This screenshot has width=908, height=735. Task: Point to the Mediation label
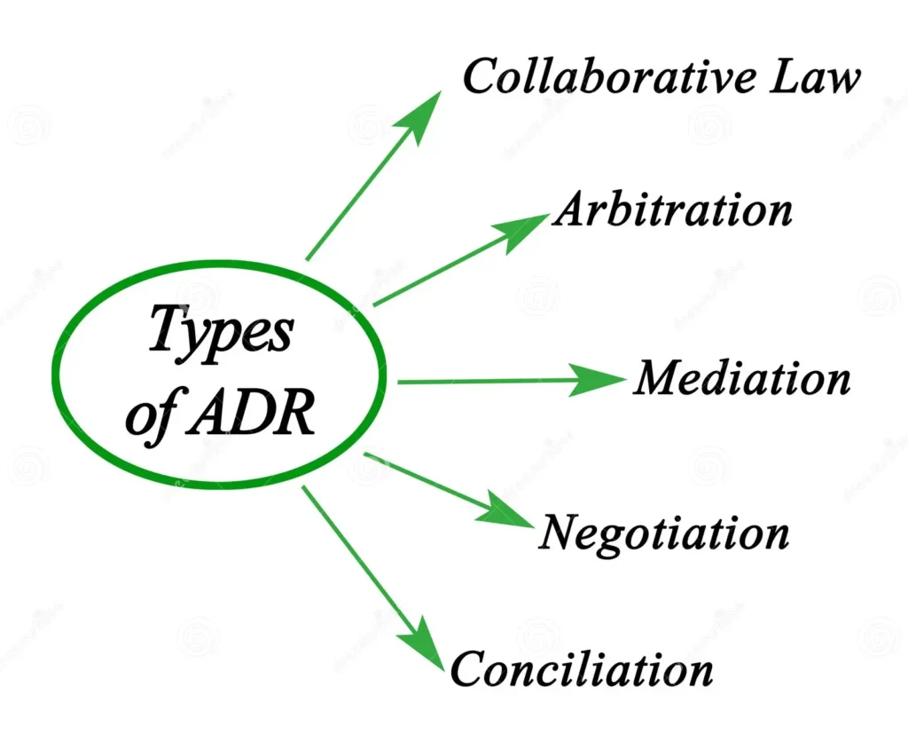pos(742,377)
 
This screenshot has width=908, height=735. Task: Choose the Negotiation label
pos(664,533)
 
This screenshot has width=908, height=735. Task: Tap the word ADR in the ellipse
pos(251,412)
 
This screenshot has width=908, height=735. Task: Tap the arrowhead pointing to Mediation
pos(597,380)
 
